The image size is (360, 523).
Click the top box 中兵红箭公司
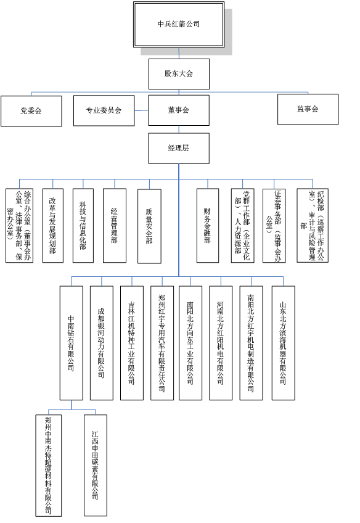click(179, 24)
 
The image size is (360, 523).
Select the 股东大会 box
click(179, 74)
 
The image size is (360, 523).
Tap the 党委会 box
click(31, 111)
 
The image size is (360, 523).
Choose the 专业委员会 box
click(104, 110)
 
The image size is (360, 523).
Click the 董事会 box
click(179, 110)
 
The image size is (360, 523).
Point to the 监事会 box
click(308, 109)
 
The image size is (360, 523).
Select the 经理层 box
click(179, 149)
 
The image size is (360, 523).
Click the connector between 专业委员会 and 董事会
click(141, 111)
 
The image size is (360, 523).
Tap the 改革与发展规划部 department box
click(53, 226)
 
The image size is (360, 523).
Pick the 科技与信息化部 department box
click(83, 226)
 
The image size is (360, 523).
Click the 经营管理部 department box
click(115, 226)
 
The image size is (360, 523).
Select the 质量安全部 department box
click(149, 226)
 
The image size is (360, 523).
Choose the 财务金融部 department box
click(208, 226)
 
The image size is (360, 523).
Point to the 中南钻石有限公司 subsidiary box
click(72, 343)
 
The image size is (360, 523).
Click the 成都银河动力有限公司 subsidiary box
click(102, 343)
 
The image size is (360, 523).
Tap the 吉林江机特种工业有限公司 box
click(132, 343)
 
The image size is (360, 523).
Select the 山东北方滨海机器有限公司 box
click(284, 343)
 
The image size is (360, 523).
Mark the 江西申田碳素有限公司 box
click(96, 466)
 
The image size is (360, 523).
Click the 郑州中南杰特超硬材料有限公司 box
click(49, 466)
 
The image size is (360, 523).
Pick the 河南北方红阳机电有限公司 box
click(221, 343)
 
